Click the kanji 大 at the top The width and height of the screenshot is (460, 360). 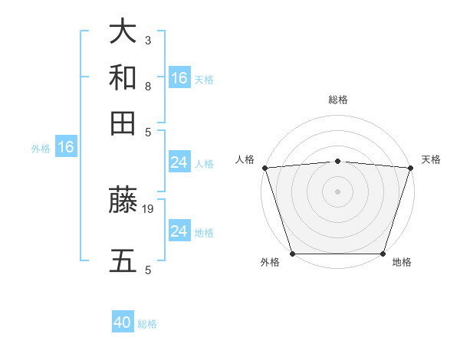point(123,31)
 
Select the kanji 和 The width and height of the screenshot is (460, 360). point(123,77)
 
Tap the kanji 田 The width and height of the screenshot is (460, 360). point(123,123)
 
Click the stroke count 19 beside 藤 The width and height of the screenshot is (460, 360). point(148,208)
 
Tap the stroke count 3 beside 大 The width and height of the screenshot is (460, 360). point(148,39)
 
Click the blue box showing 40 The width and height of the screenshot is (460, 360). point(123,323)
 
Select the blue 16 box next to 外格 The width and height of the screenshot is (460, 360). point(66,148)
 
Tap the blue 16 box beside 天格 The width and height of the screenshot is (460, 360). point(179,78)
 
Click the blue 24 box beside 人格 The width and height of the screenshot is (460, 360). point(179,162)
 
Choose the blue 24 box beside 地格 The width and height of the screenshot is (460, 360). point(179,231)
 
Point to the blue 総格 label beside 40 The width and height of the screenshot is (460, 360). point(147,324)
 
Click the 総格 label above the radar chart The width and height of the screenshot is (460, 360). point(337,100)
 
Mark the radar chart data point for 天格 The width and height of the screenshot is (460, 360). point(410,168)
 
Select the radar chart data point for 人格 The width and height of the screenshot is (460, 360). point(264,168)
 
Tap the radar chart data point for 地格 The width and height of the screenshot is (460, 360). point(383,254)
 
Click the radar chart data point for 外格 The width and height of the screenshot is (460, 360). point(292,254)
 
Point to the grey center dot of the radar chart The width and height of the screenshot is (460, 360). point(337,191)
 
